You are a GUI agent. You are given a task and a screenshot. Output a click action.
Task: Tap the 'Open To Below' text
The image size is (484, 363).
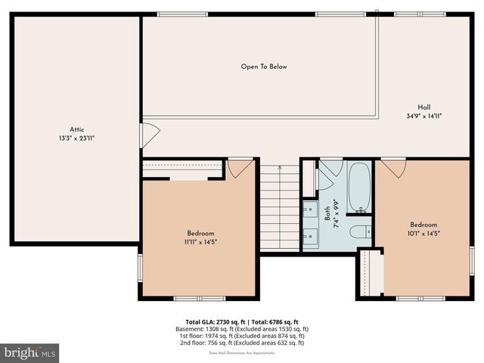pos(264,67)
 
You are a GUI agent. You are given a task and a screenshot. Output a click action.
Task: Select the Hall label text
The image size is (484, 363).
pos(424,107)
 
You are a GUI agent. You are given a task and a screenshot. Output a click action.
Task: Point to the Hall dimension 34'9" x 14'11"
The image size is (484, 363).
pos(424,116)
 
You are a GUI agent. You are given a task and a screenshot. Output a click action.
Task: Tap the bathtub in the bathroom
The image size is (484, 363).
pos(359,187)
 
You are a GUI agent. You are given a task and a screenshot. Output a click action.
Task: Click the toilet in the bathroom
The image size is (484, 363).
pos(359,231)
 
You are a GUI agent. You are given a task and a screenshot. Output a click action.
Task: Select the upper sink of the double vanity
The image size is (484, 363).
pos(310,209)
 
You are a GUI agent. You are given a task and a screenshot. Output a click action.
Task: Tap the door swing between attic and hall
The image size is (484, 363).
pos(149,135)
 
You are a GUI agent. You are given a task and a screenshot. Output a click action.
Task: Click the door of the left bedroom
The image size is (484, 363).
pos(240,167)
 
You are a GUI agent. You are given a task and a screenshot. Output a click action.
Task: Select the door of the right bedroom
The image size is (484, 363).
pos(393,166)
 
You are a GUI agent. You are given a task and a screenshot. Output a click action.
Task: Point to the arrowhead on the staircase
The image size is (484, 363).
pos(280,167)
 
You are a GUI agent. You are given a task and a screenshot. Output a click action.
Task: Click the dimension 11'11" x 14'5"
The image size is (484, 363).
pos(201,242)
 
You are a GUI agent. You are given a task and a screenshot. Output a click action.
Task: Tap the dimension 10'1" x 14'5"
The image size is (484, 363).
pos(423,234)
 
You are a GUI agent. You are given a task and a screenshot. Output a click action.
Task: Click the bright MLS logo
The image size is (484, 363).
pos(30,352)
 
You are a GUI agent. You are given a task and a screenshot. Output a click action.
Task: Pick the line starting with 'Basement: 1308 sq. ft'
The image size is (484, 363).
pos(247,329)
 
